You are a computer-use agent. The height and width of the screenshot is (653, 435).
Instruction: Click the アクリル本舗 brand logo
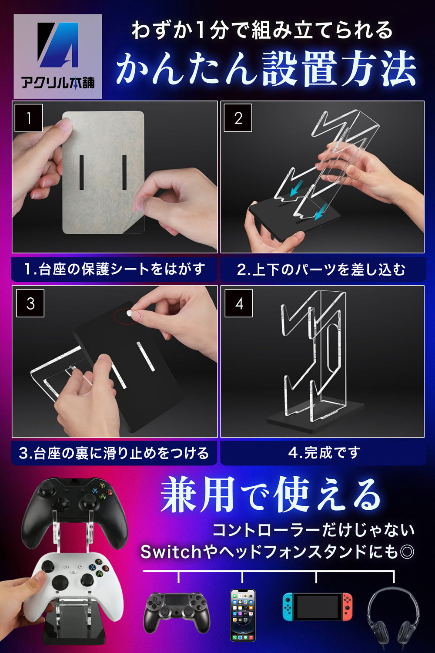tap(58, 56)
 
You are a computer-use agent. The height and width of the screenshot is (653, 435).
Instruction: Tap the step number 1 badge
tap(29, 118)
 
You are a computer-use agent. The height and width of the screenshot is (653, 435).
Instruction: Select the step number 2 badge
tap(238, 118)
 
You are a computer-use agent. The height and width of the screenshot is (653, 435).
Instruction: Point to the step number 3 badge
tap(30, 303)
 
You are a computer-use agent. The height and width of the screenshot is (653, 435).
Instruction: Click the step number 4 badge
tap(239, 303)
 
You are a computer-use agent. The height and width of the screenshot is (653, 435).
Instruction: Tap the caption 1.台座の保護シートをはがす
tap(114, 269)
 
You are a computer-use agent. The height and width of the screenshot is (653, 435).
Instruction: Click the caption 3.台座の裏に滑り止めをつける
tap(114, 453)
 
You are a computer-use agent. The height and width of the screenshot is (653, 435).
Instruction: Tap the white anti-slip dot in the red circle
tap(129, 313)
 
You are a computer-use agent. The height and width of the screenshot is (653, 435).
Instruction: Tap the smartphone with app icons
tap(243, 615)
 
